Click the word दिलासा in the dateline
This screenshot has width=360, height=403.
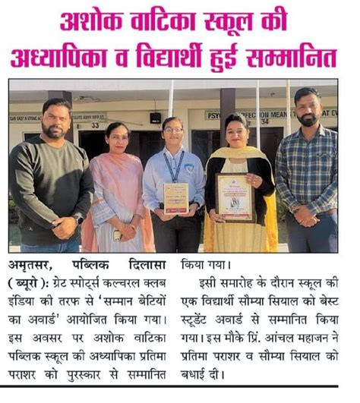[x=145, y=268]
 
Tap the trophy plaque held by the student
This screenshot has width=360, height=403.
[x=175, y=198]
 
